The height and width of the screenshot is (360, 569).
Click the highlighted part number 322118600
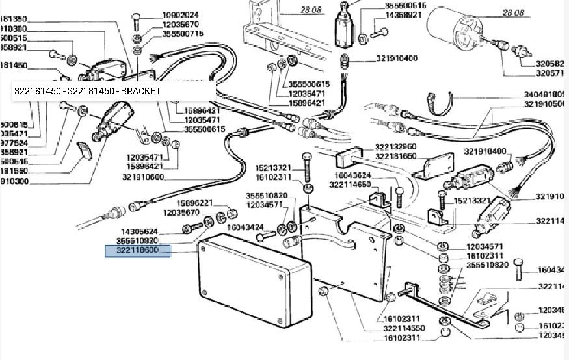138,250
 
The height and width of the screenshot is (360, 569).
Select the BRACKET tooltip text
87,92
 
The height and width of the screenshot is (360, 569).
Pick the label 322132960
395,147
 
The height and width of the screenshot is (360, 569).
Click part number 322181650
395,156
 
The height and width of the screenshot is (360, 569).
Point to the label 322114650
350,185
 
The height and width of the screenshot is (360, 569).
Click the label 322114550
405,328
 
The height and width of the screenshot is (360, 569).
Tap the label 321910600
142,177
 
